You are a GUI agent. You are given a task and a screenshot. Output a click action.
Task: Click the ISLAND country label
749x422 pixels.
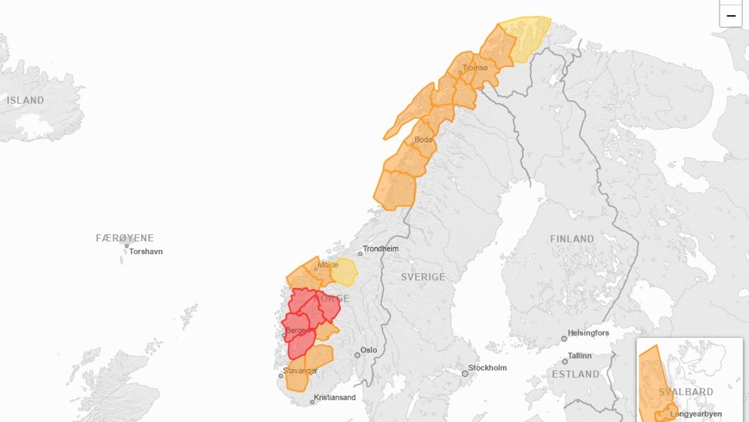[x=26, y=100]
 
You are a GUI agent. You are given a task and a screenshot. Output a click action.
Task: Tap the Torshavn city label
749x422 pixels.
[x=146, y=252]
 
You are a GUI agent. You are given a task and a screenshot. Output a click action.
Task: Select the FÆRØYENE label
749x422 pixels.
[x=125, y=238]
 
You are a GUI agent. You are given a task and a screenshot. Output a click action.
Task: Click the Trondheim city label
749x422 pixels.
[x=381, y=249]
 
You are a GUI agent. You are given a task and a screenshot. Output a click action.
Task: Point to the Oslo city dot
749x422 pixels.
[x=358, y=355]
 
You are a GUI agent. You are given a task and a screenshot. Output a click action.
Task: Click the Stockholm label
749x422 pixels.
[x=489, y=368]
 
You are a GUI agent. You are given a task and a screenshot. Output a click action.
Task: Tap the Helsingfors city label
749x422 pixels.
[x=588, y=333]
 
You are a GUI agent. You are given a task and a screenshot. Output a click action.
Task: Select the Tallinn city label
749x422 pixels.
[x=580, y=356]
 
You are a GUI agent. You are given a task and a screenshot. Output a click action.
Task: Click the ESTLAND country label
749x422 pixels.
[x=575, y=374]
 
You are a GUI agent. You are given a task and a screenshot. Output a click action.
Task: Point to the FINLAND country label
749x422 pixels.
[x=572, y=239]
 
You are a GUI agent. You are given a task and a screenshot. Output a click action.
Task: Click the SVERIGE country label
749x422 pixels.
[x=423, y=277]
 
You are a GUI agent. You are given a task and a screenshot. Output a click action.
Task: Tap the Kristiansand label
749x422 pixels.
[x=335, y=398]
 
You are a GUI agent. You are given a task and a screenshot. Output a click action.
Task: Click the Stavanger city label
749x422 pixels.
[x=301, y=371]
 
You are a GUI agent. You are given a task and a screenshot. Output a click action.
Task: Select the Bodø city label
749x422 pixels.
[x=423, y=139]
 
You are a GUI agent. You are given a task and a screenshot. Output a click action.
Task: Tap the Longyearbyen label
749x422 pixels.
[x=695, y=414]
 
